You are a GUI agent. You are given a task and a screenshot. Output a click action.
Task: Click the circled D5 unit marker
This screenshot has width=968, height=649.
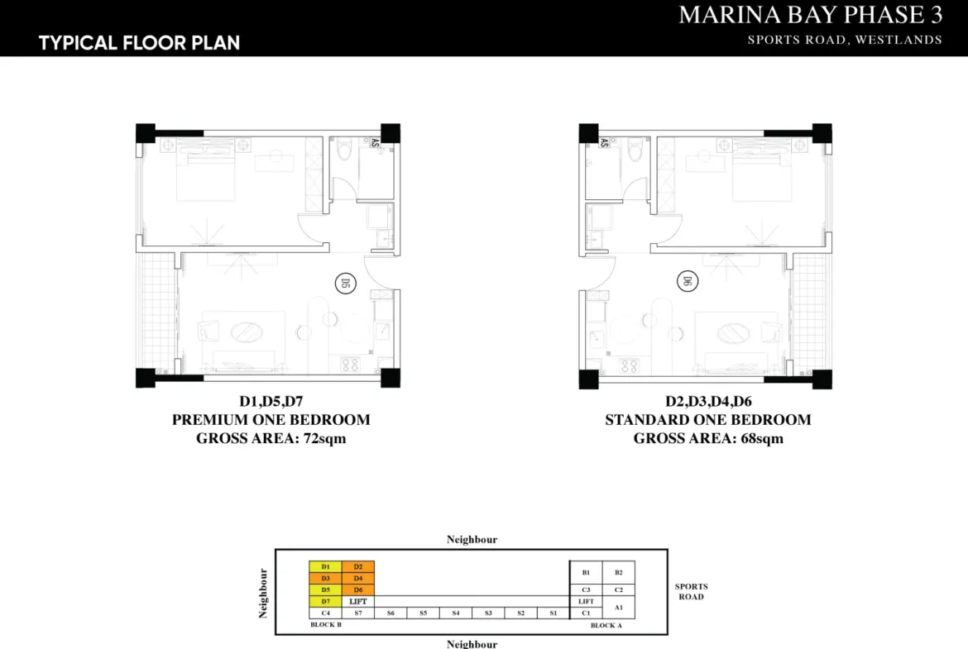(345, 284)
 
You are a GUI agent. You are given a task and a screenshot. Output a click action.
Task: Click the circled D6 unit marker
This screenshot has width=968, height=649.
(687, 281)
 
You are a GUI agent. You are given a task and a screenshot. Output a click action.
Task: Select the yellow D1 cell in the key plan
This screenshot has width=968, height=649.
(325, 566)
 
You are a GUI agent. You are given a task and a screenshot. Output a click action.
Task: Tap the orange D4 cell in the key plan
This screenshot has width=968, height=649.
(358, 578)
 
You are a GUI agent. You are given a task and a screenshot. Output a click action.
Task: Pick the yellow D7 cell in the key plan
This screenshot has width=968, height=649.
(325, 602)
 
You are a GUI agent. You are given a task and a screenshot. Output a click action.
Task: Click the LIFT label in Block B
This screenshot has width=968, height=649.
(358, 602)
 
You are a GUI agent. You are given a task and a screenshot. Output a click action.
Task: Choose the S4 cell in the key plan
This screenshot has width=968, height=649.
(456, 613)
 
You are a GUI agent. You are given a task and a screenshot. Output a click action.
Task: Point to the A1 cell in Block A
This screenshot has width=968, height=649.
(619, 608)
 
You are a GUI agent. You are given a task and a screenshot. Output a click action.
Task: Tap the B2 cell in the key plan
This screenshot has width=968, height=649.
(619, 572)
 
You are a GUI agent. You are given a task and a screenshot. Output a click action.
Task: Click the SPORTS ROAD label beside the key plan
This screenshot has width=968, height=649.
(692, 592)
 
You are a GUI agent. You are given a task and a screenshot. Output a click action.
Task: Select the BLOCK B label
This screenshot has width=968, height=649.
(326, 625)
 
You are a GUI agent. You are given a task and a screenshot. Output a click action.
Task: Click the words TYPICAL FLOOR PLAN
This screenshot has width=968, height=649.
(140, 42)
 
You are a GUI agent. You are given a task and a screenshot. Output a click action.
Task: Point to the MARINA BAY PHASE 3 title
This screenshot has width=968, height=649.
(811, 15)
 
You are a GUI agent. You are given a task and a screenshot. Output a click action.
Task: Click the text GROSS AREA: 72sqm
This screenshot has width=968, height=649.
(271, 439)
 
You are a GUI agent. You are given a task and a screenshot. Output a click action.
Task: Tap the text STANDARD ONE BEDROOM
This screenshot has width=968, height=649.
(708, 420)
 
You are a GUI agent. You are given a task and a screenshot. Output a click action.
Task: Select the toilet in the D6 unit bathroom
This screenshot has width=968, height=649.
(635, 150)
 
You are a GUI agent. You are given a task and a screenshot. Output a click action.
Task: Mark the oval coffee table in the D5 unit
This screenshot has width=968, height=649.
(247, 332)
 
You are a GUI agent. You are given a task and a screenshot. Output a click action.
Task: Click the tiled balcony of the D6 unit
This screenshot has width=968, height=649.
(811, 314)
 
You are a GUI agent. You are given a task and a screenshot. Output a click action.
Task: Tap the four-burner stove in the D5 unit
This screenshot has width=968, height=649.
(350, 365)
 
